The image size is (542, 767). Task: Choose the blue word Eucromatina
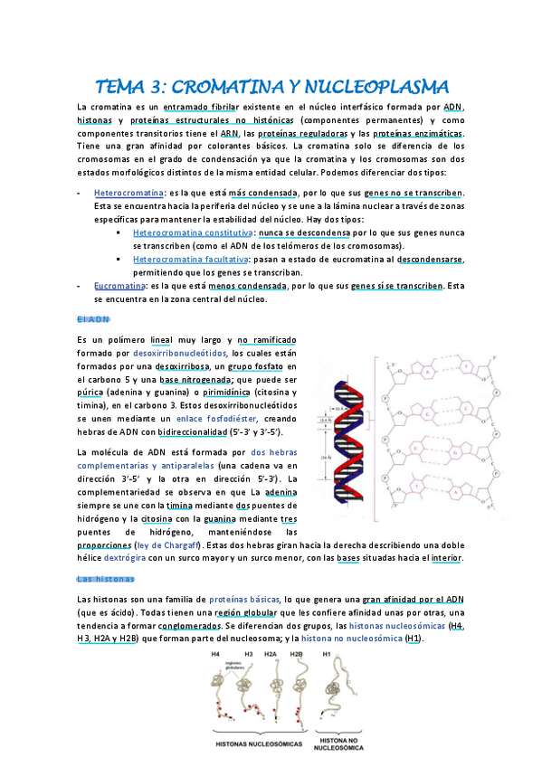point(121,285)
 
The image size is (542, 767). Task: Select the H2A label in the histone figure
point(271,653)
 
